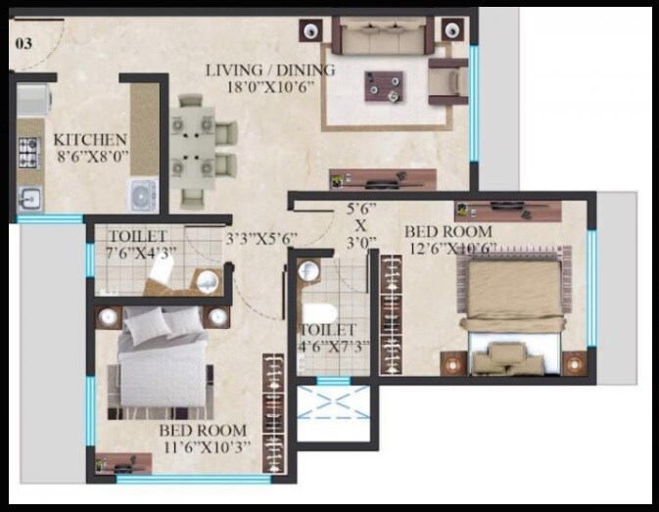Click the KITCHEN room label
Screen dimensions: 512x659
pos(89,140)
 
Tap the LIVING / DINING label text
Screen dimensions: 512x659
pos(270,70)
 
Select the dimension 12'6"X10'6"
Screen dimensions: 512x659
pos(450,249)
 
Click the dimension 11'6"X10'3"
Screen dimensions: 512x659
pos(206,447)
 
